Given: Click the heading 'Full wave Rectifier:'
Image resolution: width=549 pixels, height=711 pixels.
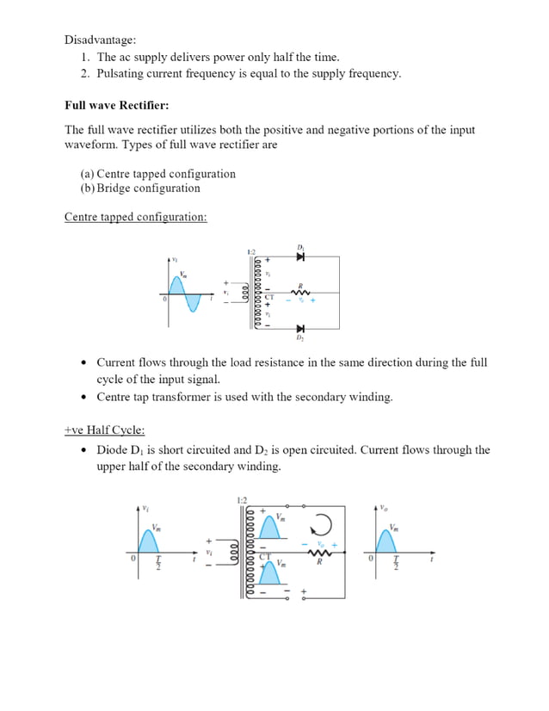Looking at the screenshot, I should click(116, 106).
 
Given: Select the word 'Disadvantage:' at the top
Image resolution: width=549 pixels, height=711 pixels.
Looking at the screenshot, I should click(101, 40).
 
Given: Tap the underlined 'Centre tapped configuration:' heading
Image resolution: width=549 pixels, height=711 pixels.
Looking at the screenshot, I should click(135, 217).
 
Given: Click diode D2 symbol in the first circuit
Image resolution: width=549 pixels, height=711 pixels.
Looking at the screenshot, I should click(300, 328).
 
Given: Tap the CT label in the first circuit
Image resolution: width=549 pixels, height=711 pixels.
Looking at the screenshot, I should click(269, 296).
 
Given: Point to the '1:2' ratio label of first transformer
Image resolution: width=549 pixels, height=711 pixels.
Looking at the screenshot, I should click(251, 251).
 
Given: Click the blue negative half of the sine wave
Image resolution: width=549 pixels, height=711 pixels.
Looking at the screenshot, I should click(194, 303).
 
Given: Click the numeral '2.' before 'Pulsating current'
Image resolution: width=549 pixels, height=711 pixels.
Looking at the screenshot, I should click(86, 73).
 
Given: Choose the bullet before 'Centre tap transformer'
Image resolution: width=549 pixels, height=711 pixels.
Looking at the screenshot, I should click(83, 398).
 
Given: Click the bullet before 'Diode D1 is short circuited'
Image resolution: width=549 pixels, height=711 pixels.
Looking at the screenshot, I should click(83, 450).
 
